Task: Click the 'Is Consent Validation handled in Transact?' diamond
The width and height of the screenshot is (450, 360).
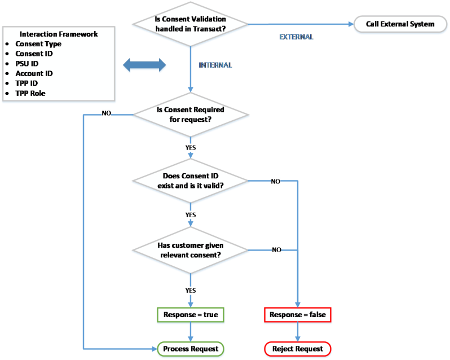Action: click(x=190, y=24)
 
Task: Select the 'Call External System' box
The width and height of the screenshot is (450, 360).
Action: click(x=400, y=24)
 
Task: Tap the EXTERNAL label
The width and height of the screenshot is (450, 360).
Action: click(x=296, y=37)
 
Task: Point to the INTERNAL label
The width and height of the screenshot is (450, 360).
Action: click(x=215, y=65)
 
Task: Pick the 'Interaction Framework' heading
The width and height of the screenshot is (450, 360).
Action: click(x=59, y=34)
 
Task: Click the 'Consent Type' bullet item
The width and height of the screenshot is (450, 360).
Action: click(x=38, y=44)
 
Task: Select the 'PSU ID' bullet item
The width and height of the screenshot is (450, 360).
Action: click(x=27, y=64)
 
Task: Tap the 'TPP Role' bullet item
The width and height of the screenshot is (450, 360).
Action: click(x=30, y=93)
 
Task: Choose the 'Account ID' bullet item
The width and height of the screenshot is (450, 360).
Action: click(x=34, y=73)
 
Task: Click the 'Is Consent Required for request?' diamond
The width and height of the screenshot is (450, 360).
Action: click(x=190, y=114)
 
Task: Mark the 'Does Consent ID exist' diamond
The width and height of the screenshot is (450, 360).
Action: click(x=190, y=181)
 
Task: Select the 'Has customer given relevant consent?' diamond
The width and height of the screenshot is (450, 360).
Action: click(x=190, y=250)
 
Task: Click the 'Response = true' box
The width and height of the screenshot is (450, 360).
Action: click(x=190, y=314)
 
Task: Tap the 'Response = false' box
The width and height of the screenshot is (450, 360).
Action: click(x=297, y=314)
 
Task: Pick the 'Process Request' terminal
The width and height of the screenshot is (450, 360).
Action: click(x=190, y=349)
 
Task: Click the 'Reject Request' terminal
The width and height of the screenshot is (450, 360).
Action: click(x=297, y=349)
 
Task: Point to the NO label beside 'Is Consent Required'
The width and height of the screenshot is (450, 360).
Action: click(x=106, y=113)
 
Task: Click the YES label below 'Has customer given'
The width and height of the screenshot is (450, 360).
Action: click(x=191, y=291)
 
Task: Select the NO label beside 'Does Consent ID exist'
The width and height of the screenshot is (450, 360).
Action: click(x=276, y=182)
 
